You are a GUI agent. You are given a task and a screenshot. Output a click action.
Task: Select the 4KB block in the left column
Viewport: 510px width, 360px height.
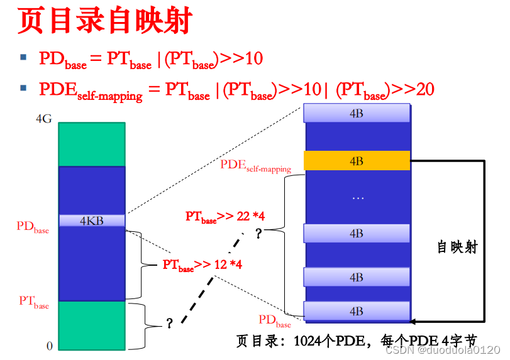point(92,221)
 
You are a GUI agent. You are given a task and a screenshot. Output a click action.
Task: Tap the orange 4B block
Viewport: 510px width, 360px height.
point(357,161)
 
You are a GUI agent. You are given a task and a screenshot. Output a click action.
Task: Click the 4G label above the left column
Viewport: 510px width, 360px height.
point(44,119)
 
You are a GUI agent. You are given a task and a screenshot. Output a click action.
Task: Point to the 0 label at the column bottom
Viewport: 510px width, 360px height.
point(49,346)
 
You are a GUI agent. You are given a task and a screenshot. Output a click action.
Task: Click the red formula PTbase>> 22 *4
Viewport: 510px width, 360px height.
point(225,217)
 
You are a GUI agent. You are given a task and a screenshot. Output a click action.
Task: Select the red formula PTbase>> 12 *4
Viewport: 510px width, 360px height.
point(202,265)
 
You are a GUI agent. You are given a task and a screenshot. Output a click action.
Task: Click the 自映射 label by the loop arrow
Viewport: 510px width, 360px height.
point(457,247)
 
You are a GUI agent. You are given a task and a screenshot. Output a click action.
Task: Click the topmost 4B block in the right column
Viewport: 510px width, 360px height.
point(357,113)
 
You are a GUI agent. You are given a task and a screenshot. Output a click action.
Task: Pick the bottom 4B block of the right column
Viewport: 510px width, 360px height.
point(357,311)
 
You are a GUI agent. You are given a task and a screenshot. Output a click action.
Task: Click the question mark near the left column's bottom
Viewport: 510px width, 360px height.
point(169,324)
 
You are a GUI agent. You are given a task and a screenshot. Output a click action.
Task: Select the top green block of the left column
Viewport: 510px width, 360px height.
point(92,144)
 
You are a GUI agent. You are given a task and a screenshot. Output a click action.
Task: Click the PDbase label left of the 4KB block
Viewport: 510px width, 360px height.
point(33,227)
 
